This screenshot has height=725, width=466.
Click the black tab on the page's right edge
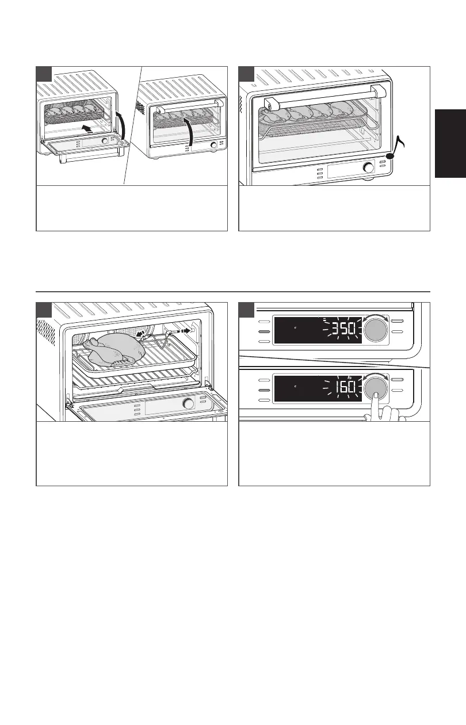(450, 143)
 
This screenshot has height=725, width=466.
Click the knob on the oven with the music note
(368, 168)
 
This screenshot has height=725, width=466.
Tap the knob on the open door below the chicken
(188, 404)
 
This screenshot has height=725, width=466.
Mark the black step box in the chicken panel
(44, 311)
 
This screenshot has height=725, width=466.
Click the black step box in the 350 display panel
(246, 311)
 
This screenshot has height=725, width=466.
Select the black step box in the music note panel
(246, 74)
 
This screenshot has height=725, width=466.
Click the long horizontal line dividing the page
(233, 292)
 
